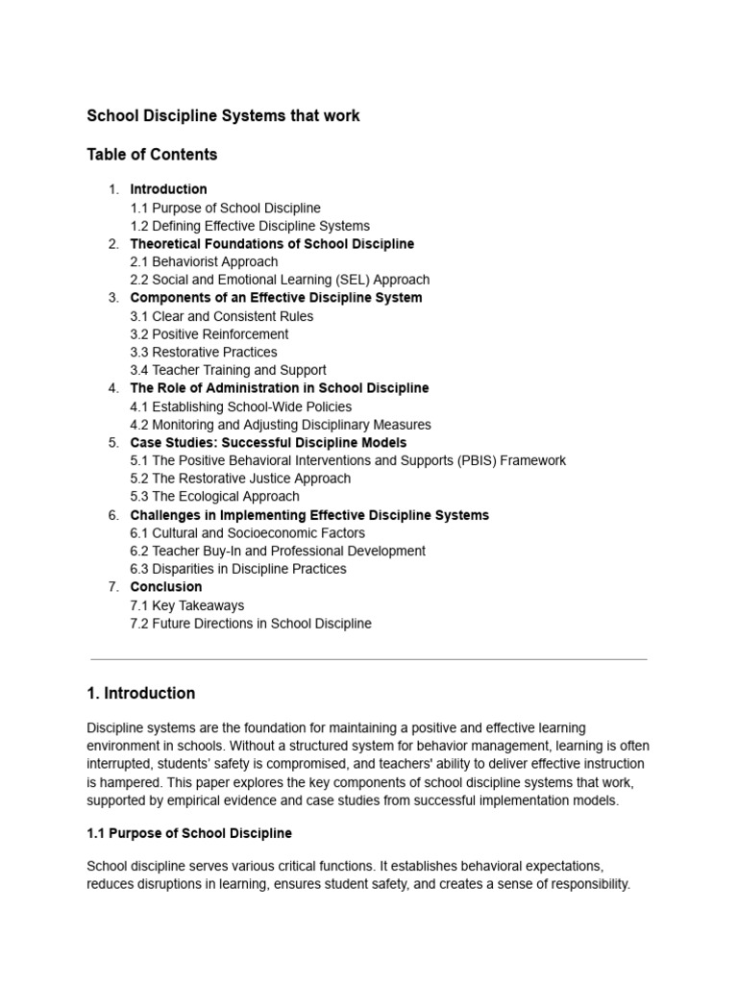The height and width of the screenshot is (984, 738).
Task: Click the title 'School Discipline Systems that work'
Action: [x=223, y=116]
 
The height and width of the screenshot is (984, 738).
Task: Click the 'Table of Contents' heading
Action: [x=152, y=155]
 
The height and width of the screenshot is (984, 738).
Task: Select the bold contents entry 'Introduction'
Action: [x=168, y=189]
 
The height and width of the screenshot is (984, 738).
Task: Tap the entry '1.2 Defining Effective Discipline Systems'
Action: [x=250, y=226]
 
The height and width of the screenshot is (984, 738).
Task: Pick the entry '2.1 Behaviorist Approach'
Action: [x=204, y=261]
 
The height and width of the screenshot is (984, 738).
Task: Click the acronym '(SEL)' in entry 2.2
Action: [x=352, y=280]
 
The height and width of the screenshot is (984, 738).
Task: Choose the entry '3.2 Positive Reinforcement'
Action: [x=209, y=334]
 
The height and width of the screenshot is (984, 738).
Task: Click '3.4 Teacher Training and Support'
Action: [x=228, y=370]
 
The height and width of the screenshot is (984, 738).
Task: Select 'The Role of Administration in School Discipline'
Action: [x=279, y=388]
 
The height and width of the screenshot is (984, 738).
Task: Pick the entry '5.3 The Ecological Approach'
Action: [x=214, y=497]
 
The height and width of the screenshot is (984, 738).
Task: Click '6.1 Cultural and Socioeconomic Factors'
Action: [x=247, y=533]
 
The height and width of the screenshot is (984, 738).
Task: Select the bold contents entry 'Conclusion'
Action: [x=166, y=587]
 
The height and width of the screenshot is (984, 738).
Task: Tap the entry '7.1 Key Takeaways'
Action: [x=186, y=605]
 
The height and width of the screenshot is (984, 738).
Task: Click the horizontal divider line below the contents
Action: [x=369, y=659]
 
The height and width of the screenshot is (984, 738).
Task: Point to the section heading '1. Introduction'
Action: [x=140, y=694]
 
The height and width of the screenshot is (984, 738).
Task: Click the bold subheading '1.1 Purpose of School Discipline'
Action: [x=189, y=832]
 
